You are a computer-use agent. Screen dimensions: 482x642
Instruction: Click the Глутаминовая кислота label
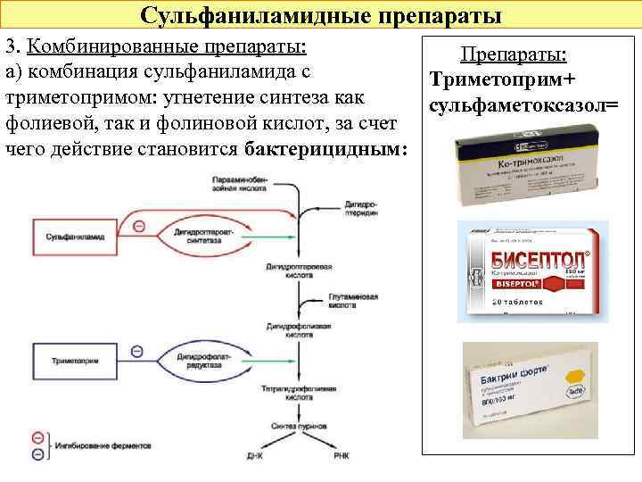353,300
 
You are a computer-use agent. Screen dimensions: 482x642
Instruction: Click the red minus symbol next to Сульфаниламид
139,227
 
